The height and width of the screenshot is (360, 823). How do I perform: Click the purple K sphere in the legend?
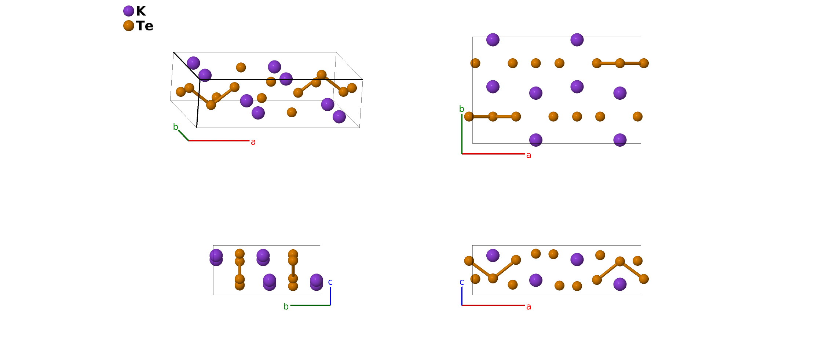coord(128,11)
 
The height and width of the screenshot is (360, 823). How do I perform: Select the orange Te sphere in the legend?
coord(128,26)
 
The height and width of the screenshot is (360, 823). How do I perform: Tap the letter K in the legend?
coord(141,11)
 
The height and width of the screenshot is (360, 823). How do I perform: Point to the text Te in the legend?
coord(145,26)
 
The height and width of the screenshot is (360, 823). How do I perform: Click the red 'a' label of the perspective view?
coord(253,142)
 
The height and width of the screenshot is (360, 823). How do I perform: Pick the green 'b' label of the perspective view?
coord(175,127)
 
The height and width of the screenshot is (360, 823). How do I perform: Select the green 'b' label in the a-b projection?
coord(461,109)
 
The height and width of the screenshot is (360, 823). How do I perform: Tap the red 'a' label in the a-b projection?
coord(528,155)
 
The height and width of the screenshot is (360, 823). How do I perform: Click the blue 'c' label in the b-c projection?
coord(330,282)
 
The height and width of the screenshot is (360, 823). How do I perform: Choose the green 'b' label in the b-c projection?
coord(286,306)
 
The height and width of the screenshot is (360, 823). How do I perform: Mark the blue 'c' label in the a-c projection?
coord(461,282)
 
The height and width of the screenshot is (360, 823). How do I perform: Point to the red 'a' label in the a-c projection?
coord(528,306)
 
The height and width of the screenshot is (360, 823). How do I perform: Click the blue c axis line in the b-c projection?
coord(330,296)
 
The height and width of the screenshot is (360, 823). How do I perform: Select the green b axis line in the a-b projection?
coord(462,134)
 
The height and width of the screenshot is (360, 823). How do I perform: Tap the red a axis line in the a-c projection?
coord(493,305)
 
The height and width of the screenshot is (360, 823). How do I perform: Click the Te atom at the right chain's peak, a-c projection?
coord(620,261)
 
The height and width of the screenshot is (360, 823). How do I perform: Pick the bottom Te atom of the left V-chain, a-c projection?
coord(493,278)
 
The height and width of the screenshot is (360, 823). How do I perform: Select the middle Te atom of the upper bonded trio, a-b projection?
coord(620,63)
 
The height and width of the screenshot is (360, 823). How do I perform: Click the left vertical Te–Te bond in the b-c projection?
coord(239,270)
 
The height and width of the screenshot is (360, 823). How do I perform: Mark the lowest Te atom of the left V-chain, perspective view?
coord(211,105)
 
